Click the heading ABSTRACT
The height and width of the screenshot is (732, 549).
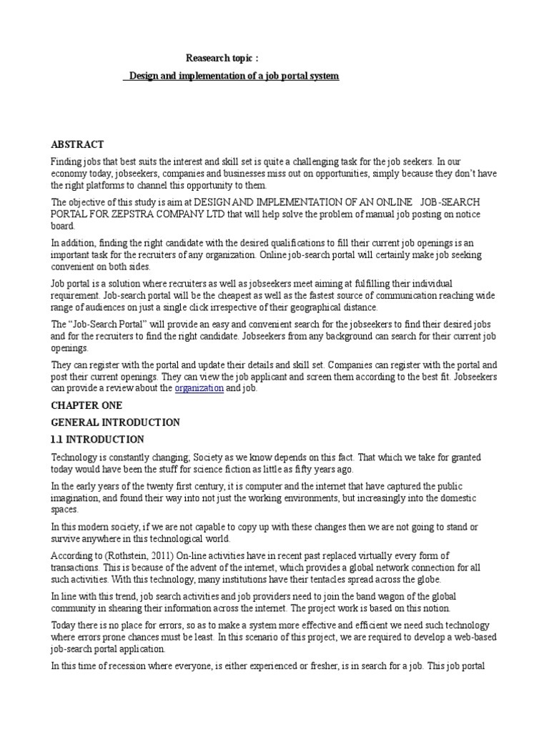[77, 144]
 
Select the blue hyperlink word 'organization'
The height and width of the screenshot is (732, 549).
[199, 388]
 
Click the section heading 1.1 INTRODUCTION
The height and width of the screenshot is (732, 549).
[97, 440]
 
